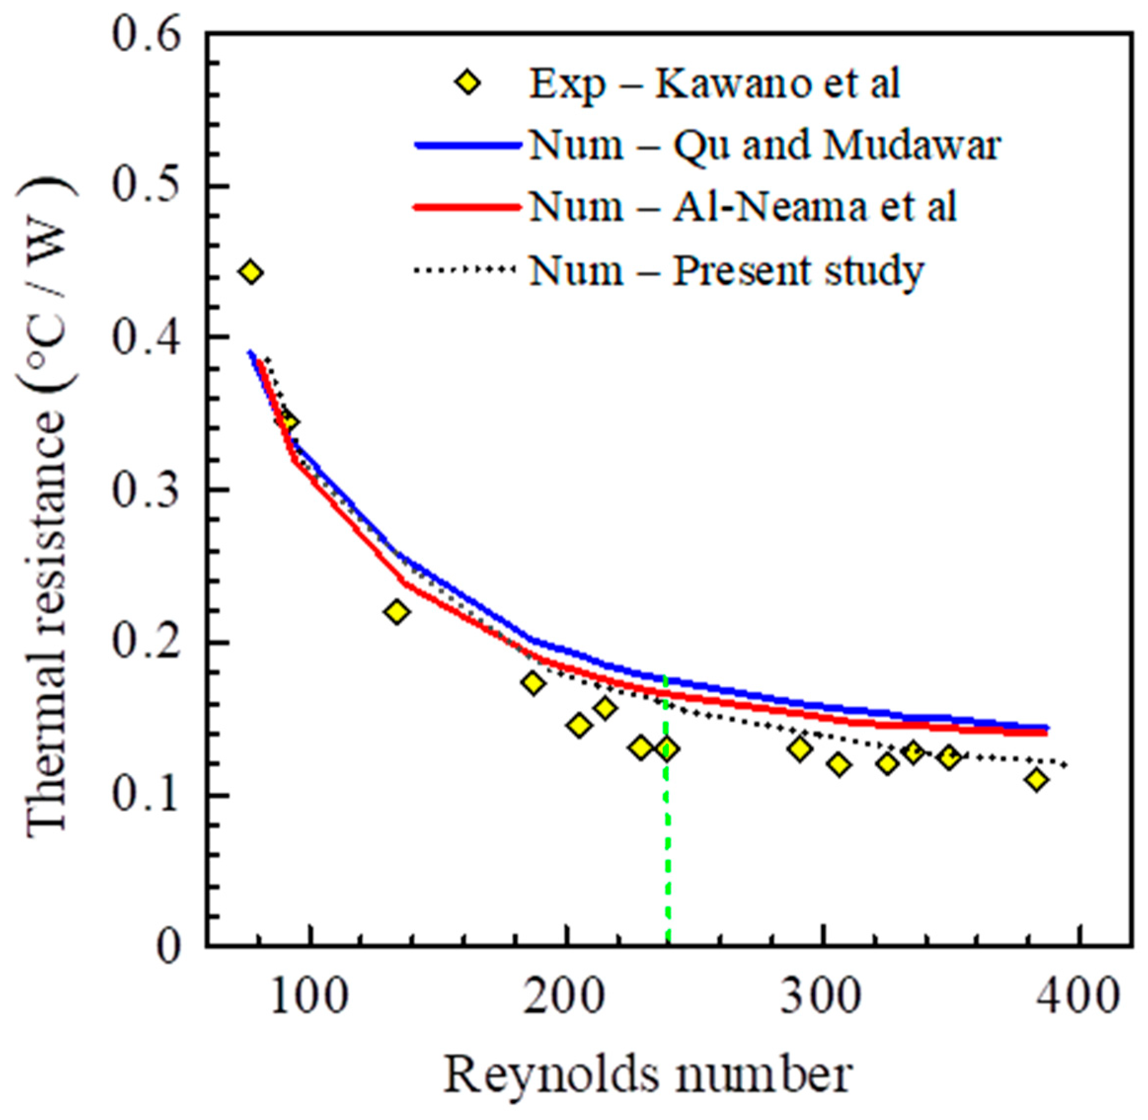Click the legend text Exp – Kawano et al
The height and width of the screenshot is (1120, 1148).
[x=714, y=84]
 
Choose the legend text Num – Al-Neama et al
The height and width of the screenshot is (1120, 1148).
[x=743, y=207]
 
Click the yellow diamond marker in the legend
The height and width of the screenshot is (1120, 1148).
[x=468, y=83]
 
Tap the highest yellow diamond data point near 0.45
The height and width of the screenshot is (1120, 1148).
[x=251, y=272]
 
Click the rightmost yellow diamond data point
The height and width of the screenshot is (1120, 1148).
[x=1037, y=780]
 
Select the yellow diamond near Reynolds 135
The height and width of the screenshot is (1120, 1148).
[x=397, y=612]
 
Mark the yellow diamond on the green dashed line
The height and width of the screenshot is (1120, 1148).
[x=667, y=749]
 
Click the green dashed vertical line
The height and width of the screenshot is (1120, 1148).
[x=667, y=853]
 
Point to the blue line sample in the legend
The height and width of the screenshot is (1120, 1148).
[x=468, y=145]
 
